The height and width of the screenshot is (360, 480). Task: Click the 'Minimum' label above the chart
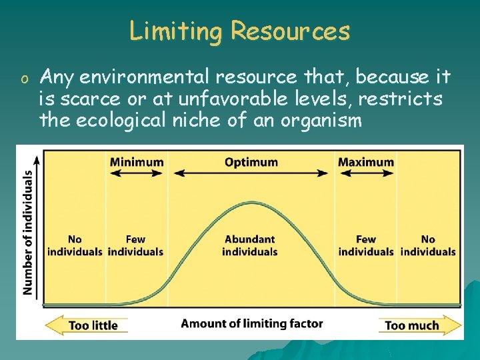[x=136, y=162]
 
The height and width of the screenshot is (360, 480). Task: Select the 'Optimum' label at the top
[x=251, y=162]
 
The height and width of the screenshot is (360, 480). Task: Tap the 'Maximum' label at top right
[x=365, y=162]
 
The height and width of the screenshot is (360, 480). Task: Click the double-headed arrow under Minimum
[x=136, y=173]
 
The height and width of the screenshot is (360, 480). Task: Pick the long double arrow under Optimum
[x=251, y=173]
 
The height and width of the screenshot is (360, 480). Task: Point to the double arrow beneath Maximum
[x=365, y=173]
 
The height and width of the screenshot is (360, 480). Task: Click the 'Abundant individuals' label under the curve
[x=250, y=245]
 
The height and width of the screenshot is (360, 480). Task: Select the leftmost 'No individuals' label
[x=75, y=245]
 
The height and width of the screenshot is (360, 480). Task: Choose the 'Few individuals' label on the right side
[x=366, y=245]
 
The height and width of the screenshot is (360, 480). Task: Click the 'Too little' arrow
[x=87, y=325]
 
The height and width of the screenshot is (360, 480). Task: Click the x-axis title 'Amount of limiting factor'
[x=252, y=324]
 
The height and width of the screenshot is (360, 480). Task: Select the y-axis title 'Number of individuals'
[x=28, y=232]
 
